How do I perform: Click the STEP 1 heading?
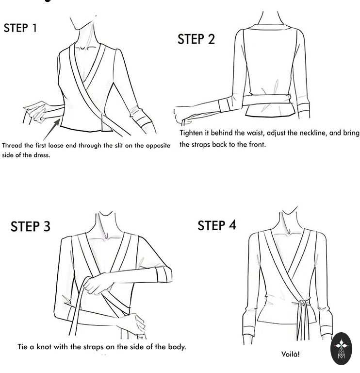pos(20,28)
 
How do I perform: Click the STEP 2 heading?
pos(196,39)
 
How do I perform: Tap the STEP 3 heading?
pos(31,226)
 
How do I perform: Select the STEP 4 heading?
pos(217,225)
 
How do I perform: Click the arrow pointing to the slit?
pos(52,129)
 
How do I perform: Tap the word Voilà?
pos(290,354)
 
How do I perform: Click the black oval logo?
pos(341,349)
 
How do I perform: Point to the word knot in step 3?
pos(44,347)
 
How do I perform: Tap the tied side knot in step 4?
pos(302,303)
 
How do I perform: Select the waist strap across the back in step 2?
pos(267,100)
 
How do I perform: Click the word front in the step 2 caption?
pos(257,144)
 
